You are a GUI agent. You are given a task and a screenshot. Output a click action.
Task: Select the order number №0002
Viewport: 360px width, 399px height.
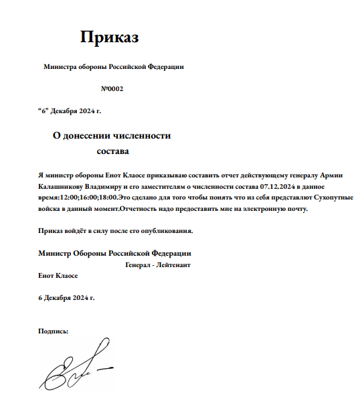click(112, 89)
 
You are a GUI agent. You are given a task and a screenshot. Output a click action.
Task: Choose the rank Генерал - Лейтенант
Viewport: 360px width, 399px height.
click(158, 264)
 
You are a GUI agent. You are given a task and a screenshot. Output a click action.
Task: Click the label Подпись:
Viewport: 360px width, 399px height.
click(54, 331)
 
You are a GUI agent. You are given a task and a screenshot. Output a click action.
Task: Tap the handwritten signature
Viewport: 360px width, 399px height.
click(74, 370)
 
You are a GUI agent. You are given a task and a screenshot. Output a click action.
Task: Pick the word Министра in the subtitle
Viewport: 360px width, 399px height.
click(61, 67)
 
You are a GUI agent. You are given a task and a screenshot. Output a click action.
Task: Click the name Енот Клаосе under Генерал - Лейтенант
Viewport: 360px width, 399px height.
click(58, 275)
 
